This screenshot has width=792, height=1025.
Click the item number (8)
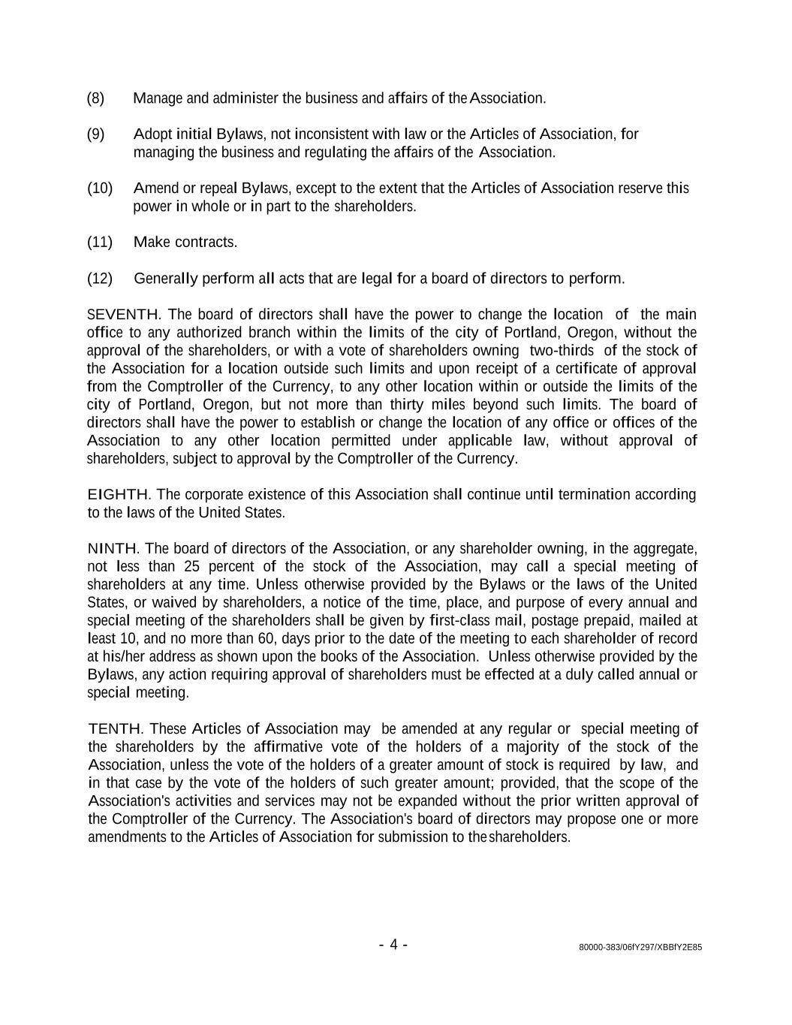(95, 98)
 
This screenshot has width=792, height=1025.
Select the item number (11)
(100, 243)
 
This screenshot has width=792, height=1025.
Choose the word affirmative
(290, 747)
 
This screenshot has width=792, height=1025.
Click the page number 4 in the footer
(393, 945)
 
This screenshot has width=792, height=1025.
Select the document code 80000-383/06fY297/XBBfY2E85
(640, 948)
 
